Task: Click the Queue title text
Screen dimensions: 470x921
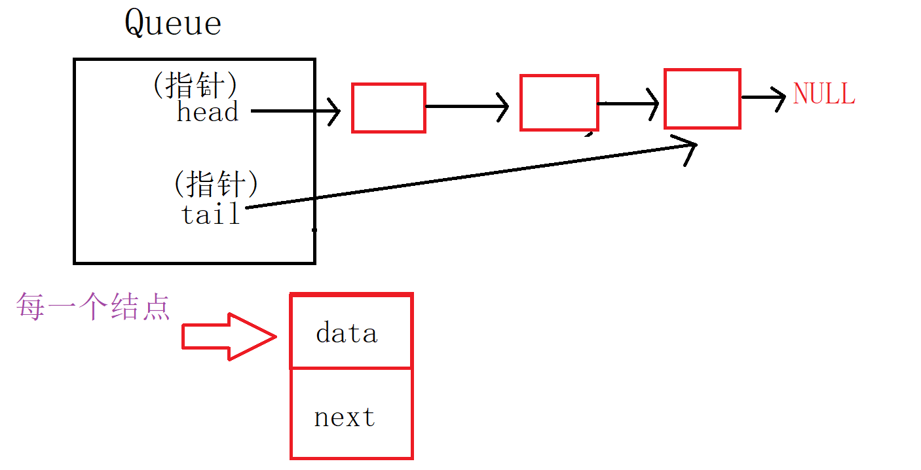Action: (x=173, y=24)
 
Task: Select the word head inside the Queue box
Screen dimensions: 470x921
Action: (x=207, y=112)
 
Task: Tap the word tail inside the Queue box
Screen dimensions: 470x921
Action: (x=211, y=214)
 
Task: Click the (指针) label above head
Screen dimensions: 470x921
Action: (x=195, y=85)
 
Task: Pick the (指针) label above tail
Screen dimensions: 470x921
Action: (x=216, y=184)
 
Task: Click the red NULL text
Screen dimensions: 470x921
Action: (x=823, y=94)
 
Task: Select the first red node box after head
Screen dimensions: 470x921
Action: (x=388, y=108)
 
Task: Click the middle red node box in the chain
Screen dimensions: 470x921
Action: (x=559, y=103)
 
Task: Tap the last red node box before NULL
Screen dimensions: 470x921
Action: (x=702, y=99)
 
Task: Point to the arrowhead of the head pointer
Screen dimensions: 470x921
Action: (x=334, y=111)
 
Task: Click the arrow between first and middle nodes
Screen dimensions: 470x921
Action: (x=466, y=107)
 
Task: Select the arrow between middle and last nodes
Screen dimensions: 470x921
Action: (x=629, y=103)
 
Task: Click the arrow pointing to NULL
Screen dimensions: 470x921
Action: (x=764, y=98)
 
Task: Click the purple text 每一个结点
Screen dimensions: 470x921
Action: (x=93, y=306)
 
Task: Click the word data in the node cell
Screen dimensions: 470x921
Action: (x=347, y=333)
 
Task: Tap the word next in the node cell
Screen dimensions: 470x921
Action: (x=345, y=417)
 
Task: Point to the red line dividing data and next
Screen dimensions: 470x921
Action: (x=351, y=368)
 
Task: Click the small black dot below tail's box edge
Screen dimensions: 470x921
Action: (x=314, y=230)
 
